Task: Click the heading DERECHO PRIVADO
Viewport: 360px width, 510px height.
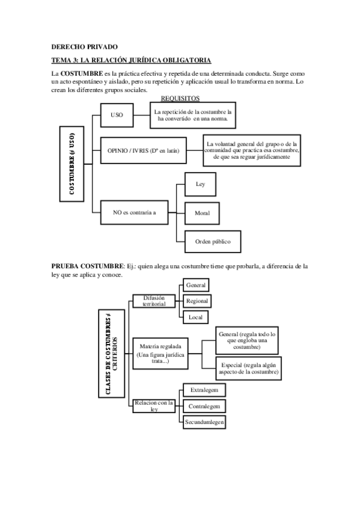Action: click(85, 46)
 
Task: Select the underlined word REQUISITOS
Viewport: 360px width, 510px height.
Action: click(180, 98)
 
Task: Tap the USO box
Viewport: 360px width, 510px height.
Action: click(117, 115)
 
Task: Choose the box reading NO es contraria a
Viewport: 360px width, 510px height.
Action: click(135, 212)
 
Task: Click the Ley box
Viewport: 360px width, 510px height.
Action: click(201, 184)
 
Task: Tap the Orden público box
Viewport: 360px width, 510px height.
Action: click(212, 241)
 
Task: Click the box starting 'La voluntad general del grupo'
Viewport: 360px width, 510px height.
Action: click(252, 150)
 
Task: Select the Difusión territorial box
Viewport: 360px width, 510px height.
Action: click(153, 301)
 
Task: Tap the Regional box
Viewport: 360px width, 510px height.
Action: click(197, 301)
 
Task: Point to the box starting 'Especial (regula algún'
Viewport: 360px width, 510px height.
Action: click(249, 368)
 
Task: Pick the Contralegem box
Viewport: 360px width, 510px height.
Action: click(204, 406)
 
